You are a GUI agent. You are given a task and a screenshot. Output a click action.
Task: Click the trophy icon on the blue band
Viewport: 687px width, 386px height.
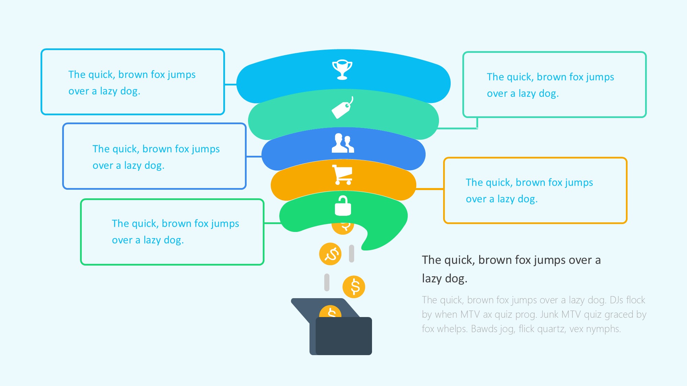[x=342, y=70]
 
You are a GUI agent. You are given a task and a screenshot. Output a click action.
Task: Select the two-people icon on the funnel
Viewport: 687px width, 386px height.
[x=342, y=143]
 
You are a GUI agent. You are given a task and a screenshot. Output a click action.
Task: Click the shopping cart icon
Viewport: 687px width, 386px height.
[x=342, y=175]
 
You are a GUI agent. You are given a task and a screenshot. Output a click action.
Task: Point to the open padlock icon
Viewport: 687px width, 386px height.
[x=343, y=206]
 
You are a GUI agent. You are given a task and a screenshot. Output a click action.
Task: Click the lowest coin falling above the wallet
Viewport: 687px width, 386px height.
[x=354, y=287]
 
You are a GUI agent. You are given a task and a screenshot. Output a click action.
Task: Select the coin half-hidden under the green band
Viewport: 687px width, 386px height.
[x=343, y=228]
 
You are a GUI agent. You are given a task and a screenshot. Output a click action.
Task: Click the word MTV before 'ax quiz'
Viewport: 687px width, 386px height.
[x=470, y=314]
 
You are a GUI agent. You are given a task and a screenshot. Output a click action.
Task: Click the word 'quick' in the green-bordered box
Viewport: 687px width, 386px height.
[x=144, y=224]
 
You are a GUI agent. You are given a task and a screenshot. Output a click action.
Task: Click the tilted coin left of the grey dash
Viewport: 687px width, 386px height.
[x=330, y=254]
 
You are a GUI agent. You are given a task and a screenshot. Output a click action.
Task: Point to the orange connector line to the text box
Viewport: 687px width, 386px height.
[x=430, y=189]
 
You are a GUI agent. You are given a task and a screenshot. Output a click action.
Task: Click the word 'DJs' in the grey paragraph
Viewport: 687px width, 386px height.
[x=617, y=300]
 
